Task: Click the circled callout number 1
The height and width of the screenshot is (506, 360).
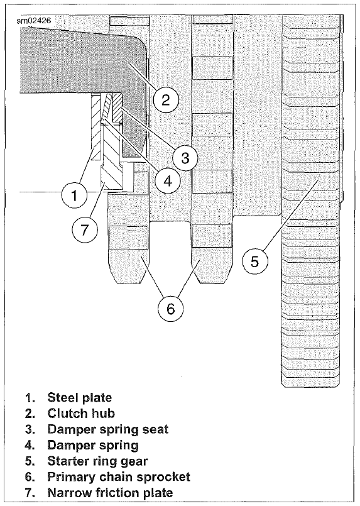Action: coord(75,196)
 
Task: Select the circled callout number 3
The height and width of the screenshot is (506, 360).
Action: coord(182,157)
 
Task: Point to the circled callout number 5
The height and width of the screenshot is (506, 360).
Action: coord(254,261)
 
